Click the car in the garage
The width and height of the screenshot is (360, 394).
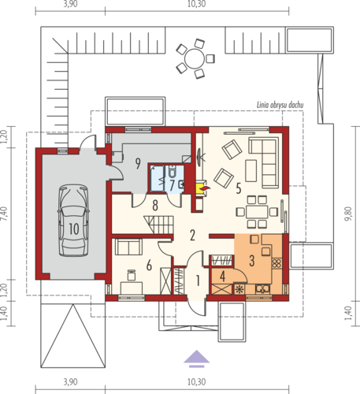pos(73,220)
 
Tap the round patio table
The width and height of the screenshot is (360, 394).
pos(195,59)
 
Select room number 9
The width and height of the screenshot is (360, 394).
pos(138,163)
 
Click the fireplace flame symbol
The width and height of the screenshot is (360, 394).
pos(205,188)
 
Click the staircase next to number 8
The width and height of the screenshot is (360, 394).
pos(158,225)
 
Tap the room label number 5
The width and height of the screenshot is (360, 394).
pos(239,188)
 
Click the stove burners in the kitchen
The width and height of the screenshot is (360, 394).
pos(276,263)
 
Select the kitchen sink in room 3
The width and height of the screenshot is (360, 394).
pos(262,289)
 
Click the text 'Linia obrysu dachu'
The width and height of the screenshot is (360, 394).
pos(280,105)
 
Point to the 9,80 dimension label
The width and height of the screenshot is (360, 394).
pos(348,214)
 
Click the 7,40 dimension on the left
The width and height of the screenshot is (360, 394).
pos(5,214)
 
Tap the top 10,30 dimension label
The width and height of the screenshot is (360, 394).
pos(196,4)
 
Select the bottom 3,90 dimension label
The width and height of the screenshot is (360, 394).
pos(70,381)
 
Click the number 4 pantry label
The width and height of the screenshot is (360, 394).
pos(222,277)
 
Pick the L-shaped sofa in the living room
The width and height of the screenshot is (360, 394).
pos(264,162)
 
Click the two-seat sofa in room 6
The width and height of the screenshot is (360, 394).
pos(128,247)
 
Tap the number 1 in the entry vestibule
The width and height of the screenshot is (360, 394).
pos(198,281)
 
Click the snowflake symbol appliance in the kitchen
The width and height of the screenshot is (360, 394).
pos(239,289)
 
